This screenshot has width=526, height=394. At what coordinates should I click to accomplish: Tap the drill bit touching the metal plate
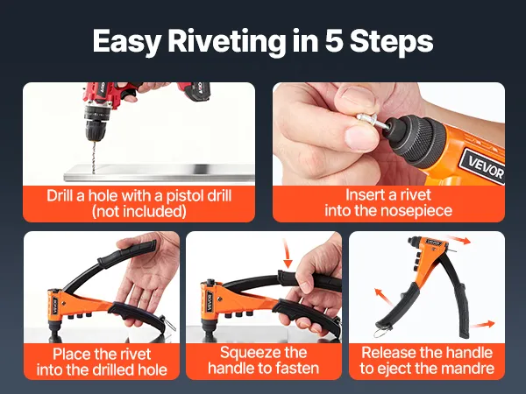point(94,157)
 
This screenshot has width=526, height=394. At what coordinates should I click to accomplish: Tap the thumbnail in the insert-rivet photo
point(361,137)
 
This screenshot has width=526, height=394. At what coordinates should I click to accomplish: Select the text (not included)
point(139,211)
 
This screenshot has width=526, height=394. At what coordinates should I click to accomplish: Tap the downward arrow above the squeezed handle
point(287,253)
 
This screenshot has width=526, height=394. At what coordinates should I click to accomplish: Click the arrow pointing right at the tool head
point(459,240)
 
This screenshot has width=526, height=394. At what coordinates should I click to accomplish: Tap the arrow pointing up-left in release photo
point(383,297)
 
